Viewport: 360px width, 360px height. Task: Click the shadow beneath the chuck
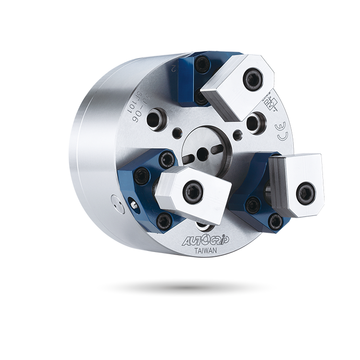click(186, 286)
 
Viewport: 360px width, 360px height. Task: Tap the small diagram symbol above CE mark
click(271, 102)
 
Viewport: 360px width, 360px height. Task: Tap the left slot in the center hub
click(189, 159)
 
